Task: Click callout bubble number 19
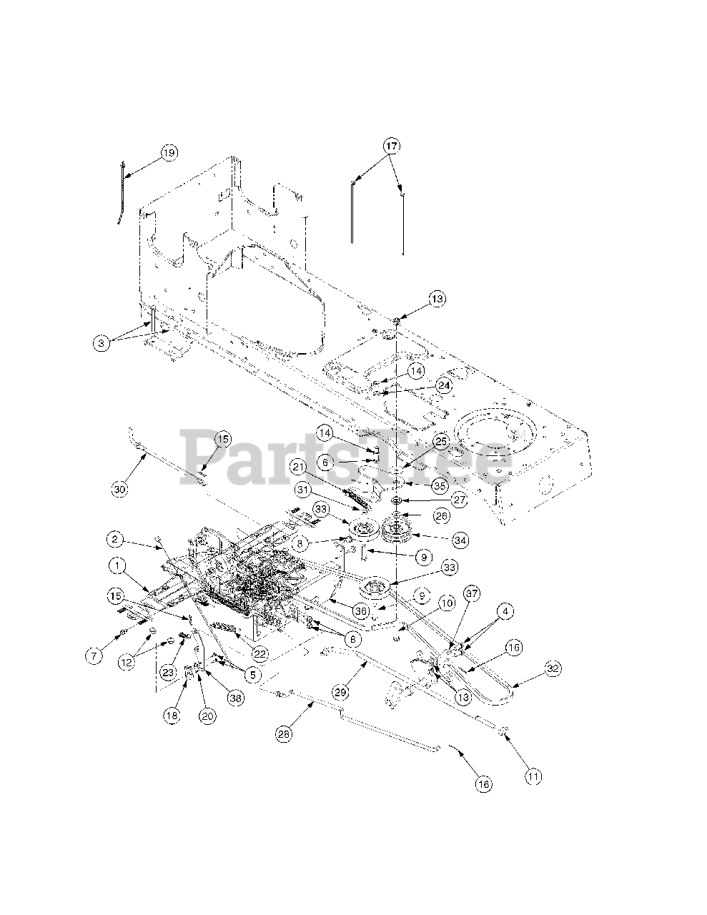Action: pyautogui.click(x=169, y=152)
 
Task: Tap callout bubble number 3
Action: pyautogui.click(x=103, y=343)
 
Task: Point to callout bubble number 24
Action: pyautogui.click(x=445, y=385)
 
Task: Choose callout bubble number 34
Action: pyautogui.click(x=460, y=540)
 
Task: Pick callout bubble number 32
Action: pyautogui.click(x=553, y=669)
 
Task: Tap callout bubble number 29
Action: pyautogui.click(x=342, y=692)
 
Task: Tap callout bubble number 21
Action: pyautogui.click(x=297, y=467)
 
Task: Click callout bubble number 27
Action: pyautogui.click(x=459, y=500)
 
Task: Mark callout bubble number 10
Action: pyautogui.click(x=447, y=604)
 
